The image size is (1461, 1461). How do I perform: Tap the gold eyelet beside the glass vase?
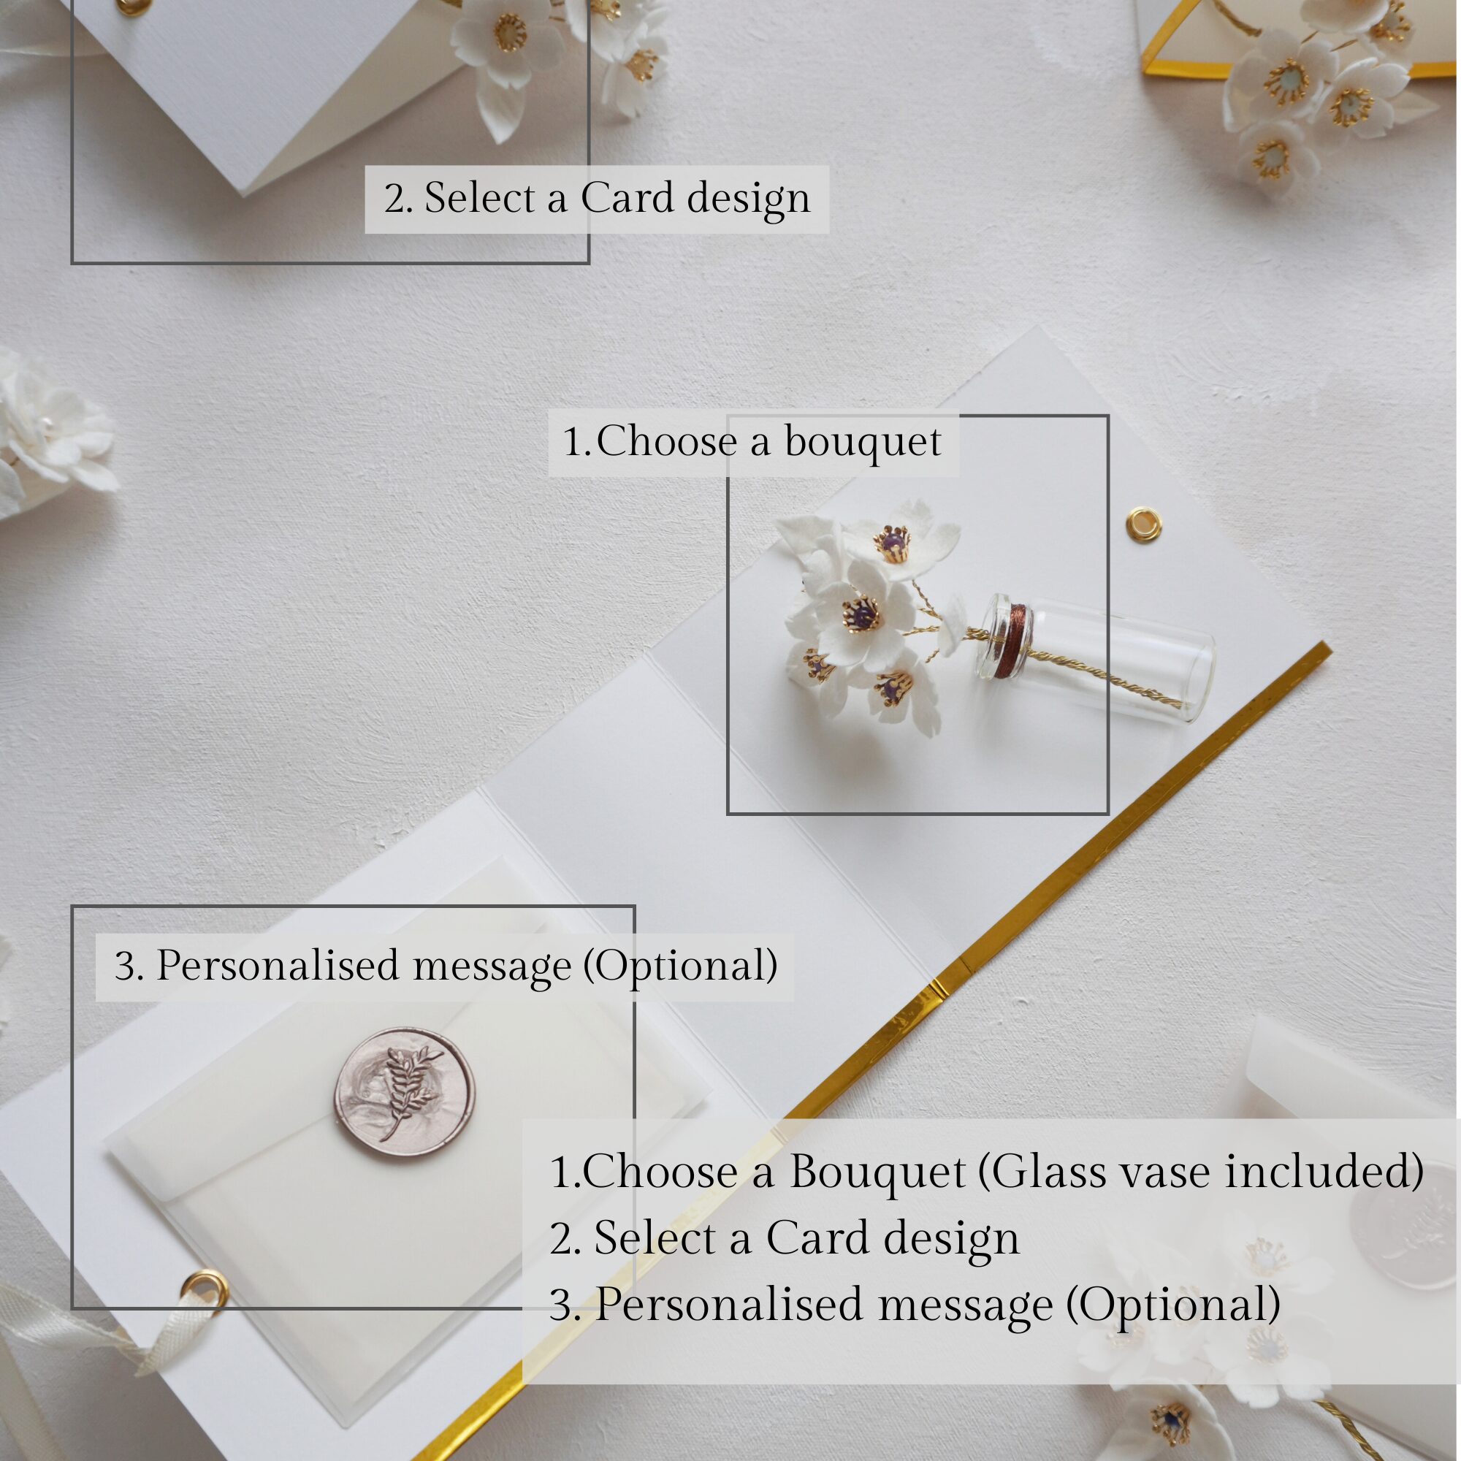(x=1142, y=522)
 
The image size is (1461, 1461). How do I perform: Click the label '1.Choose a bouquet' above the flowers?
(x=752, y=442)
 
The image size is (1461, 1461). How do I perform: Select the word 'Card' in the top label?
(x=627, y=199)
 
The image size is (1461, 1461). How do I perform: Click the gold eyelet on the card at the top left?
(x=126, y=7)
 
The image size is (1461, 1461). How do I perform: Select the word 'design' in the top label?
(x=749, y=199)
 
